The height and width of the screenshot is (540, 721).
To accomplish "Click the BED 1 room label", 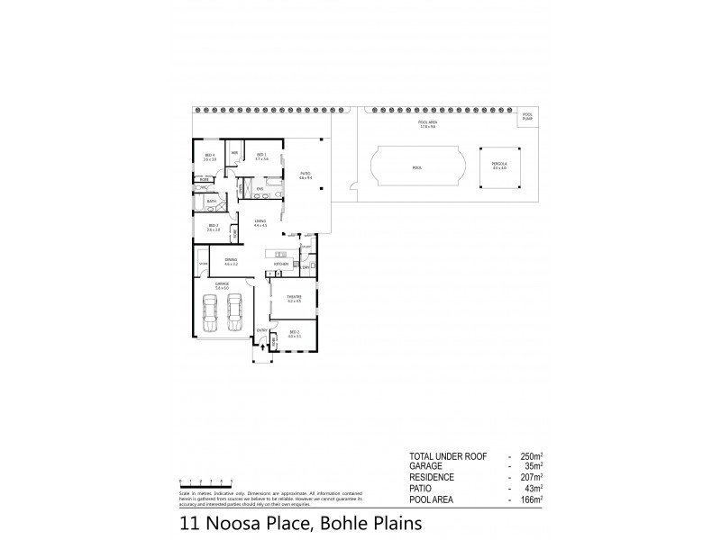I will [261, 155].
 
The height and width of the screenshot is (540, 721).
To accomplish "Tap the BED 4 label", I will [210, 157].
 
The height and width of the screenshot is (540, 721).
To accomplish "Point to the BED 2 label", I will [294, 333].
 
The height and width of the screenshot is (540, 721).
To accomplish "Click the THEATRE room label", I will [293, 297].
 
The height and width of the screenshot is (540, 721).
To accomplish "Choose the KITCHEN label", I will [280, 264].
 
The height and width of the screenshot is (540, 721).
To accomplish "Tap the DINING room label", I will [231, 260].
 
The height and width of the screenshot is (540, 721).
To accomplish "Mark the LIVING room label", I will [260, 221].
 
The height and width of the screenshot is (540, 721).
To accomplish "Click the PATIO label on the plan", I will [306, 174].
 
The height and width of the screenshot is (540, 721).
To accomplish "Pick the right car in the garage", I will [235, 312].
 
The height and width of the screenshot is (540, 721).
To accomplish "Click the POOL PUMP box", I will [528, 117].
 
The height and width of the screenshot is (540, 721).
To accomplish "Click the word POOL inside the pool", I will [416, 167].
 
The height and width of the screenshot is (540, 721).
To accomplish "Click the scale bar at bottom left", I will [206, 482].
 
